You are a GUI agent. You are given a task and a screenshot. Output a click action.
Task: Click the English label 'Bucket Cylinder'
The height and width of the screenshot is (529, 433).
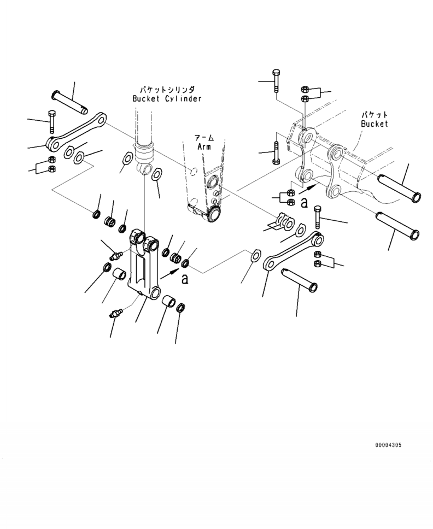[x=167, y=98]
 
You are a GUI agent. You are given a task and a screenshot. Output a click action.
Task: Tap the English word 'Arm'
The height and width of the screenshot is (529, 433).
[x=204, y=147]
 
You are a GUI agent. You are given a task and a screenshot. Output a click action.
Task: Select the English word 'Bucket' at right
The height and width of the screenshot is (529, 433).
[x=375, y=124]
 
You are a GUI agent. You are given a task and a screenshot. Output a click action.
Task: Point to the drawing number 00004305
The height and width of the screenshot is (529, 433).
[x=388, y=445]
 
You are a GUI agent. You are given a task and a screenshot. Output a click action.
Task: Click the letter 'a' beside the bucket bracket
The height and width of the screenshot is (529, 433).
[x=304, y=202]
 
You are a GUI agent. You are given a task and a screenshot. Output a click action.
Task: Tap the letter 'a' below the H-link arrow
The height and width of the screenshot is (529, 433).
[x=185, y=279]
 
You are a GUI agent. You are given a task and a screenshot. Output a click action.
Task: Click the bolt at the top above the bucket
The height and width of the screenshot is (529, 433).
[x=276, y=81]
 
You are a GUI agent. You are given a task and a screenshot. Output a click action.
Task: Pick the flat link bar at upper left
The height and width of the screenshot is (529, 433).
[x=77, y=132]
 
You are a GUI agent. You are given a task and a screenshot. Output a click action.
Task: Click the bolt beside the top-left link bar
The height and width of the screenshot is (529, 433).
[x=52, y=121]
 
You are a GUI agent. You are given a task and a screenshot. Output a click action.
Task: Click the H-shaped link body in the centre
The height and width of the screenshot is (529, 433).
[x=143, y=264]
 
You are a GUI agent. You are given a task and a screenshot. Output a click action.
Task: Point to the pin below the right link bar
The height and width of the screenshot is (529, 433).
[x=299, y=279]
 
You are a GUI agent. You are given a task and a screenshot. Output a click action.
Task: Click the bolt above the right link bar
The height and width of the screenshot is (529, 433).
[x=317, y=217]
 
